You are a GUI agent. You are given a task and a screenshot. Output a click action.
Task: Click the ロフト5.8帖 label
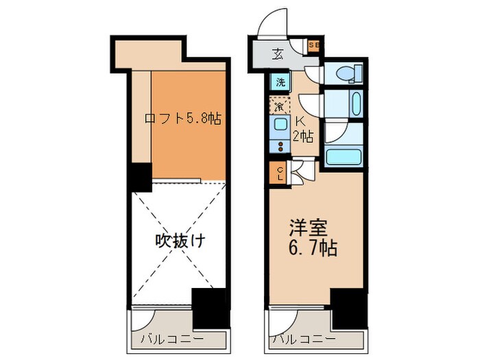click(182, 118)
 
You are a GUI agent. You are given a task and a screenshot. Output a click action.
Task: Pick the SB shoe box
click(314, 46)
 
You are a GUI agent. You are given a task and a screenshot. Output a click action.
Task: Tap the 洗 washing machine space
click(280, 83)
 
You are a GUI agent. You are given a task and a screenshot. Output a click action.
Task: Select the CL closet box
click(280, 174)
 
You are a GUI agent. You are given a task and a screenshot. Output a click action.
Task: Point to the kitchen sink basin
click(280, 125)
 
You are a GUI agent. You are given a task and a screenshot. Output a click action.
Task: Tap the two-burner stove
click(280, 145)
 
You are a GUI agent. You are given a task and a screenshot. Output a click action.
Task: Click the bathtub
click(343, 156)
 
